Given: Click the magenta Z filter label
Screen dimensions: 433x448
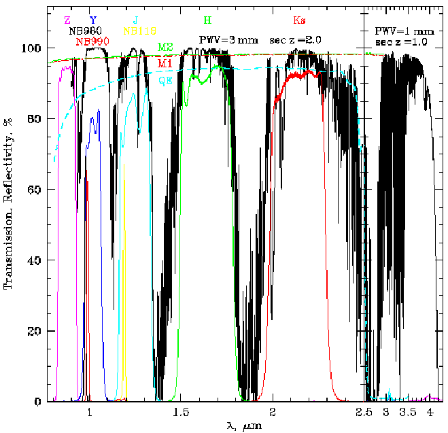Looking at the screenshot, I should point(67,20).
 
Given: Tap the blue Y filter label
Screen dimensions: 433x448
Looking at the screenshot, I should point(92,20).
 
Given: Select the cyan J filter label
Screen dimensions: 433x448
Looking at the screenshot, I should point(136,20).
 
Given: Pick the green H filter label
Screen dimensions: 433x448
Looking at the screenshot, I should point(207,20).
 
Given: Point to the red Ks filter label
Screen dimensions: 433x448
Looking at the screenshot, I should point(299,20).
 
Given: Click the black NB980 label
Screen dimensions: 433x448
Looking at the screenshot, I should point(86,31).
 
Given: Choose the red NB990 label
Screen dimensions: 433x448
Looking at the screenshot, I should point(92,41).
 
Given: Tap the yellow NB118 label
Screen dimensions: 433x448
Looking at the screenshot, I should point(139,31).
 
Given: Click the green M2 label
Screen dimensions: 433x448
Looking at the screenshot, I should point(165,47).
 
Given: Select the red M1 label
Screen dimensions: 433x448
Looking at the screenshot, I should point(165,63).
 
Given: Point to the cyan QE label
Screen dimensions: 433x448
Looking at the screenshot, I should point(165,80).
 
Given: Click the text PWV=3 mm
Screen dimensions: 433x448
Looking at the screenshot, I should point(228,39).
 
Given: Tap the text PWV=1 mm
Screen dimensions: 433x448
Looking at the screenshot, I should point(404,31).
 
